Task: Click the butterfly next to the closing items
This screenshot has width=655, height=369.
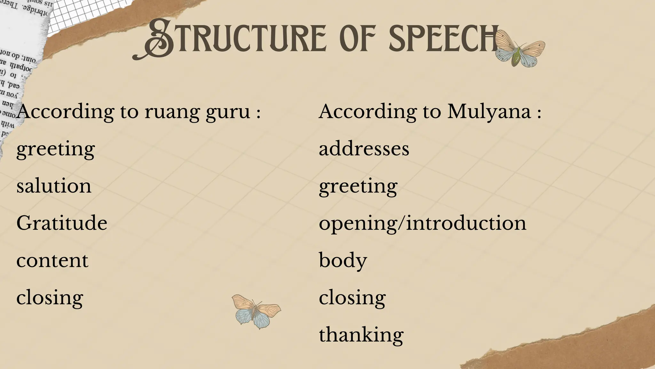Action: (x=256, y=311)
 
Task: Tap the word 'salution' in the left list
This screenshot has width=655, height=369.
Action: (x=54, y=186)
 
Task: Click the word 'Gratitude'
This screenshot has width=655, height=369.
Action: (x=62, y=223)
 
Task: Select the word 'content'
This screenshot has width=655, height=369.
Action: (x=52, y=260)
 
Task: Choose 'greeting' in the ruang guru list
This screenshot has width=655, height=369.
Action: (x=56, y=149)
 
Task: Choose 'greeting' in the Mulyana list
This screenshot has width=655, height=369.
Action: (x=358, y=186)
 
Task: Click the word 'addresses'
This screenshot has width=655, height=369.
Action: (x=364, y=149)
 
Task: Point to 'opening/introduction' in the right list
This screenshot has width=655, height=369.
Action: (x=422, y=223)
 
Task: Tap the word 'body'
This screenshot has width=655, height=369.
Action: (x=343, y=260)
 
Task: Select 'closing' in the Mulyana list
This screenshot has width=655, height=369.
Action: (x=352, y=298)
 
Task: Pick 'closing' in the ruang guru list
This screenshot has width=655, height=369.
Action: (x=50, y=298)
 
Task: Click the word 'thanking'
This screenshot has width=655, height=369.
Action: (x=361, y=335)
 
